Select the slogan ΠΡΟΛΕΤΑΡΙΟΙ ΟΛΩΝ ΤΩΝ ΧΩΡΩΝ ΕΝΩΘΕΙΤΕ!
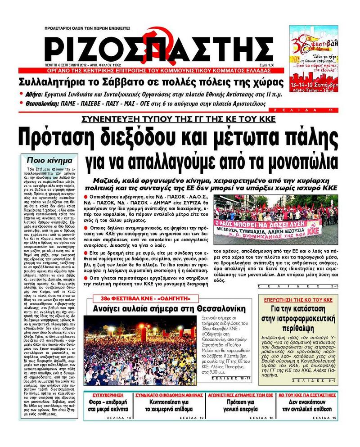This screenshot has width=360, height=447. tap(87, 28)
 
